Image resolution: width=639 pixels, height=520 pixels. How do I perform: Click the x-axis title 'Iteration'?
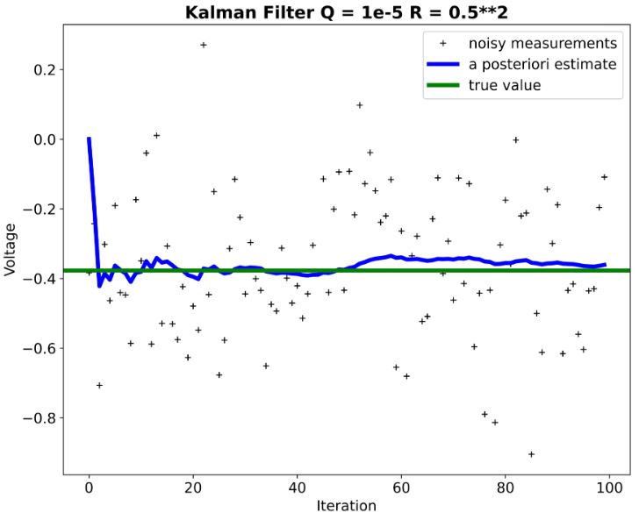point(347,506)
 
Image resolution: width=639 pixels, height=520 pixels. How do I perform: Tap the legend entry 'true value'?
point(509,86)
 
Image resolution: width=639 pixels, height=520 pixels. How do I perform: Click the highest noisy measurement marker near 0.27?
point(203,45)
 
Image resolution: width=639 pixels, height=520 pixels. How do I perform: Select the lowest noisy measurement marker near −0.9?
point(531,454)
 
